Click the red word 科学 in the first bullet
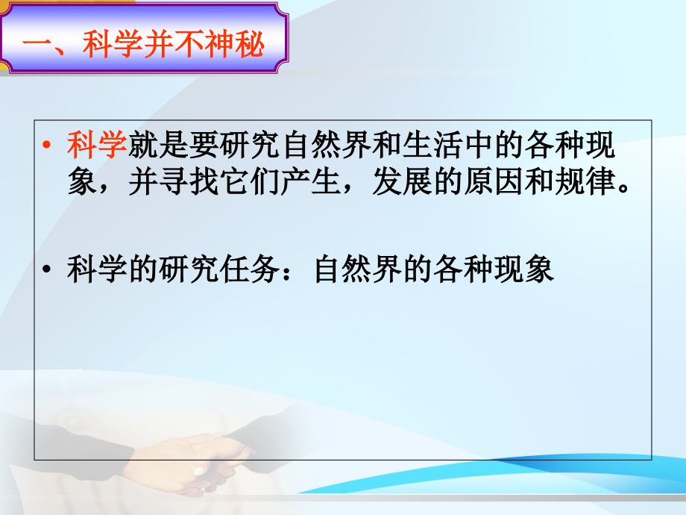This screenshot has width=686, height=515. point(97,146)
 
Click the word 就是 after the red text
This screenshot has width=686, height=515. point(158,146)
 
